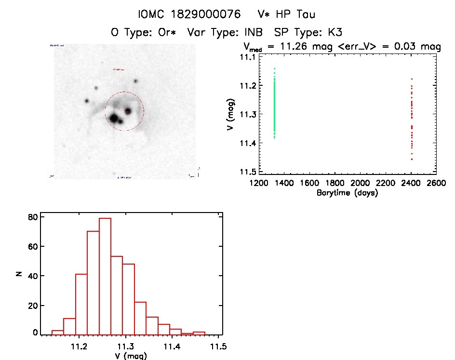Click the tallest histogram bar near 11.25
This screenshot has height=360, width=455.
pos(105,276)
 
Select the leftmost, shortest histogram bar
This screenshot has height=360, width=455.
pos(58,332)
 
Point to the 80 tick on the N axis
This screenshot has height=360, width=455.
pos(32,217)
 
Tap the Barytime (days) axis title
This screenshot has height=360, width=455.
pos(348,193)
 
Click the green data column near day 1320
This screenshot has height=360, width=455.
pos(274,104)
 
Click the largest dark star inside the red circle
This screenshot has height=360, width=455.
pos(114,118)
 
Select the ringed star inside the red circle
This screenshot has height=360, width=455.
pos(128,111)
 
